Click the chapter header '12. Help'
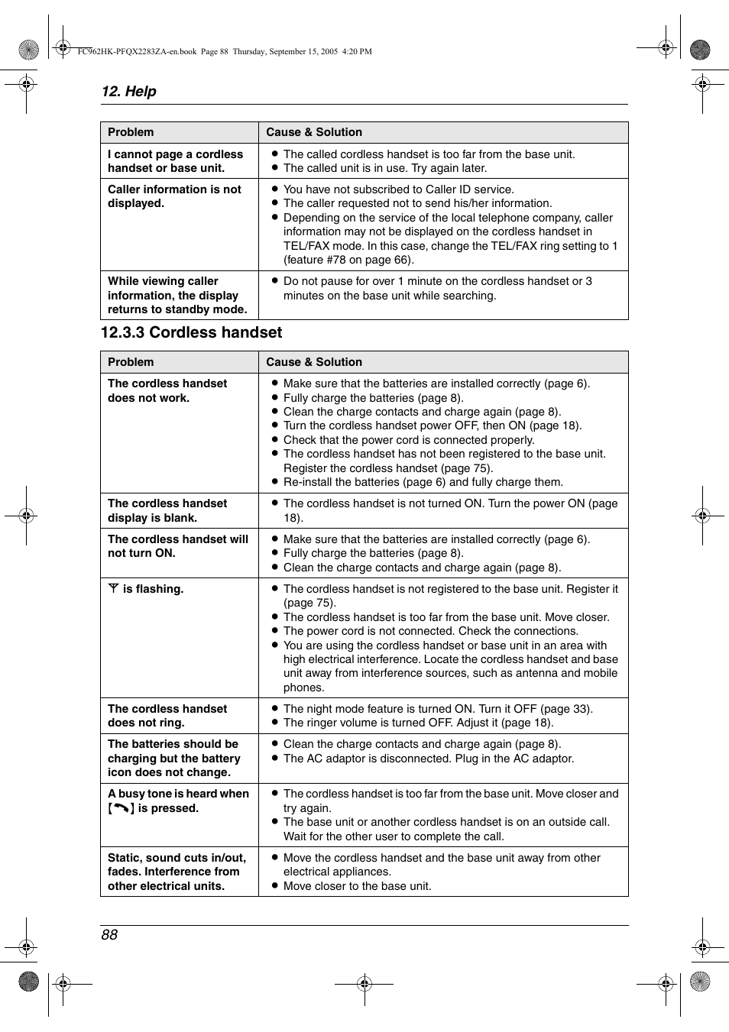coord(128,92)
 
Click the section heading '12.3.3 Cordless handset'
coord(191,333)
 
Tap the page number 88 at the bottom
coord(109,935)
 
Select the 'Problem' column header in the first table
coord(131,132)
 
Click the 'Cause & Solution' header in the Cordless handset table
coord(314,362)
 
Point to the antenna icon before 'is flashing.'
coord(113,588)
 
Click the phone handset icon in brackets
coord(121,808)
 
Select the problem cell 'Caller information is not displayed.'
coord(174,196)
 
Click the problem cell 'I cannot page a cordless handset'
coord(175,161)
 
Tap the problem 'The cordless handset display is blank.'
coord(167,510)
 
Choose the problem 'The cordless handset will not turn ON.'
coord(177,546)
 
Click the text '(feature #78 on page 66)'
coord(348,260)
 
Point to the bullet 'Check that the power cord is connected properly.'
coord(408,440)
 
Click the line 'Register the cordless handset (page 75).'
coord(388,468)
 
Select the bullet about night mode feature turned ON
coord(437,709)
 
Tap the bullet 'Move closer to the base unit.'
coord(357,886)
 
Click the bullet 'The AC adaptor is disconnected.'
coord(428,759)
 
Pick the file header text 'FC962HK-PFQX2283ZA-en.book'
coord(137,52)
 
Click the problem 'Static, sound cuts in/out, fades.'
coord(177,872)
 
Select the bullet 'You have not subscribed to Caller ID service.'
coord(398,189)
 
